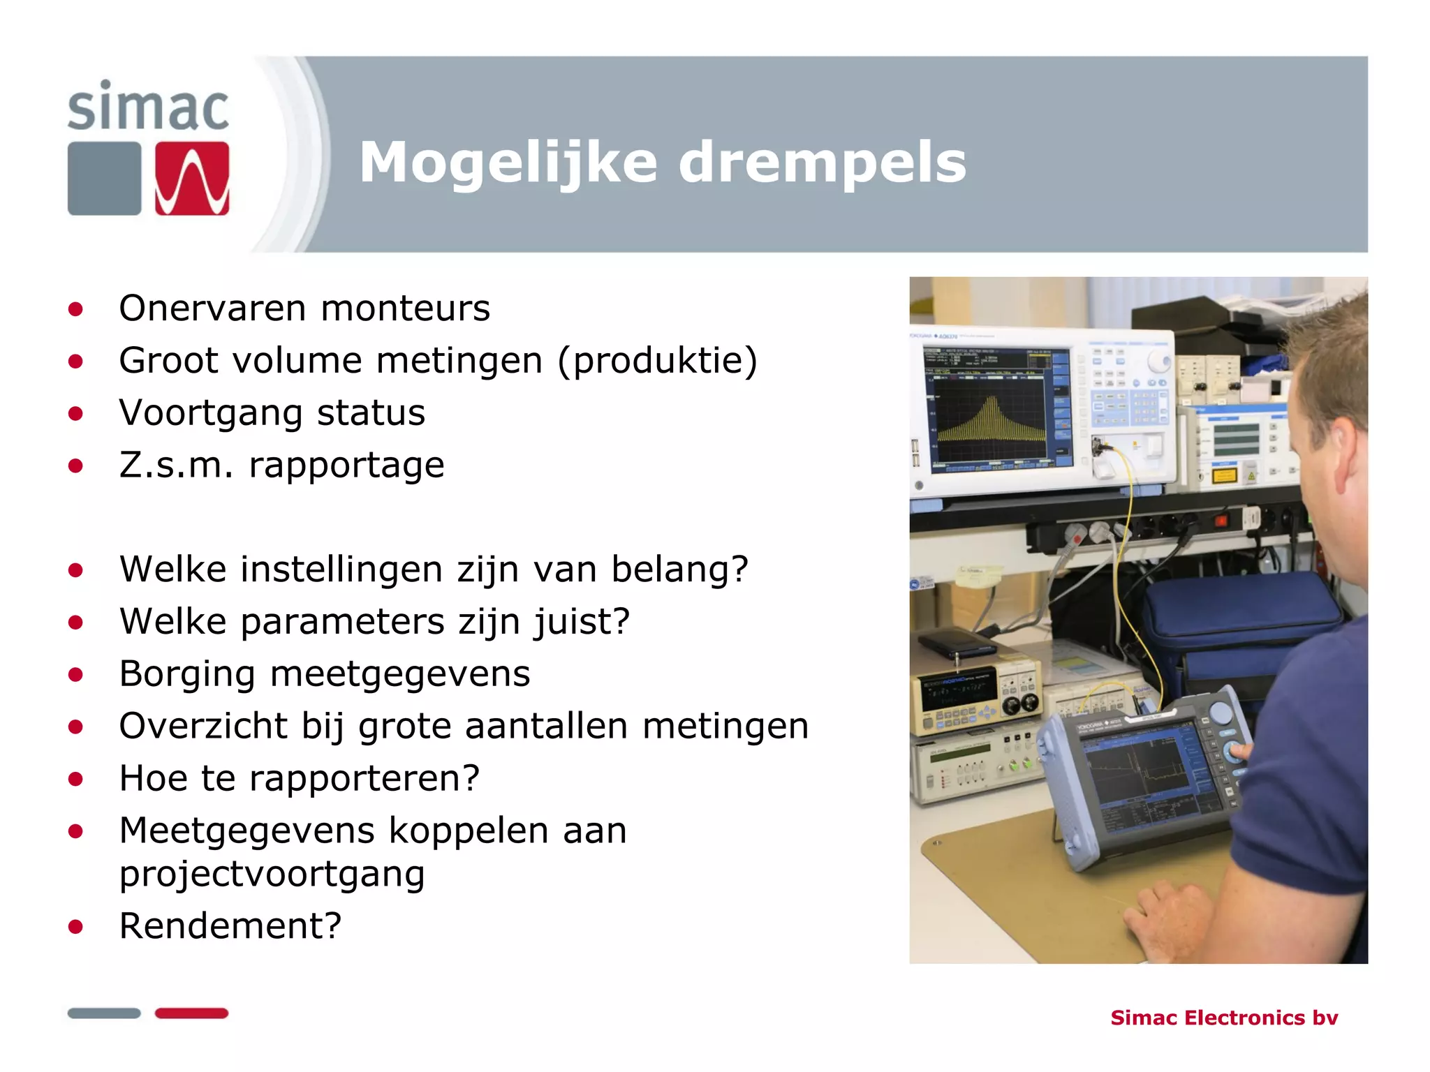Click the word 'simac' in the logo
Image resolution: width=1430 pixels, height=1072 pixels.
point(148,107)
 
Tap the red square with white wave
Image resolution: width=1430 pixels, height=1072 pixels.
point(192,179)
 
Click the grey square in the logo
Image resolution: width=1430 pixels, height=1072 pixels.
point(104,179)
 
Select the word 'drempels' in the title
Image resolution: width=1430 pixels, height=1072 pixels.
point(821,163)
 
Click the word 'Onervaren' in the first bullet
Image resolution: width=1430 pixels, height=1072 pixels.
point(212,308)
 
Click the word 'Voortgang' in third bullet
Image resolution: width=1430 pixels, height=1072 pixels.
point(210,413)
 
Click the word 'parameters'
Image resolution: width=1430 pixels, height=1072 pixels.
point(342,621)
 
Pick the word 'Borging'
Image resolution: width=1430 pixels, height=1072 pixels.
point(186,674)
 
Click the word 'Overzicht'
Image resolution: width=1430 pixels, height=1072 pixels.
point(202,726)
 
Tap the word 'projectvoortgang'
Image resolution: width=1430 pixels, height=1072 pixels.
point(272,874)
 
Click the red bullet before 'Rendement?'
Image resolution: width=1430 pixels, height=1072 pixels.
point(76,927)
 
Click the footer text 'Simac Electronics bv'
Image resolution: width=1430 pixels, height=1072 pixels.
point(1223,1018)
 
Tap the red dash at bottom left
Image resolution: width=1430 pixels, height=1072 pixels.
point(191,1013)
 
